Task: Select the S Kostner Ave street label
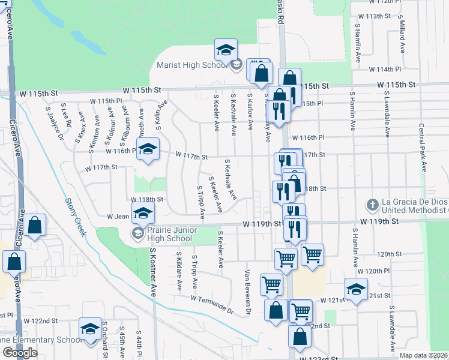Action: (153, 273)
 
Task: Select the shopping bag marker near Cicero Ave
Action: (35, 225)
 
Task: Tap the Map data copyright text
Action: (423, 355)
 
